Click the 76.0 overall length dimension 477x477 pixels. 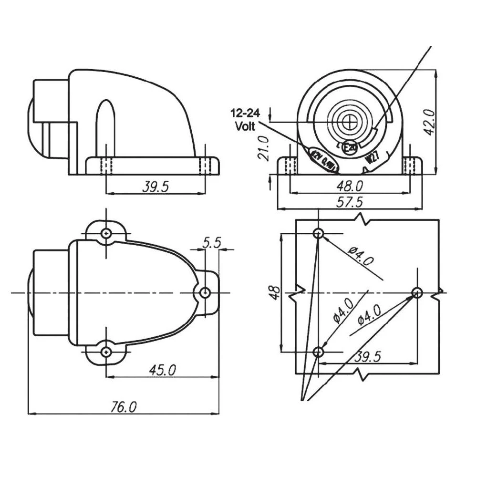(124, 406)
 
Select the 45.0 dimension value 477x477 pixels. (162, 370)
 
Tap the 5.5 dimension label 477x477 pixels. (211, 243)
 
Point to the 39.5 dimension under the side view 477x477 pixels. (156, 187)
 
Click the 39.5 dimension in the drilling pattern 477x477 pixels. (368, 357)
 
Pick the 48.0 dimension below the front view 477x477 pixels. (350, 186)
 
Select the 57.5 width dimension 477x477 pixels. (350, 202)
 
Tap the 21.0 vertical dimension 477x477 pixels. (264, 147)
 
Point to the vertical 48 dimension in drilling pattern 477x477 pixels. (274, 292)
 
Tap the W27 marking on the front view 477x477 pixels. (373, 158)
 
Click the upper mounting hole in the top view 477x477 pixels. (106, 233)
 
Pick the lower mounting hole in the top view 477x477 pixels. (106, 352)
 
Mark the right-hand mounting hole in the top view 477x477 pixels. (205, 292)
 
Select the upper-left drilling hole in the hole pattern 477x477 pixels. (319, 233)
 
